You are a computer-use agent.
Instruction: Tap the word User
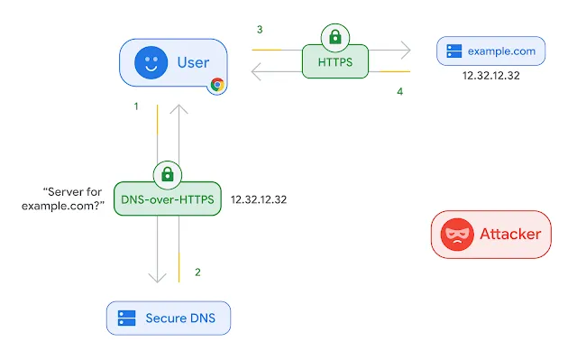coord(193,63)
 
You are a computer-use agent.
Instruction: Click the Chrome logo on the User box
coord(217,85)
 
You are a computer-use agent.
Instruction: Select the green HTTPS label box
coord(335,62)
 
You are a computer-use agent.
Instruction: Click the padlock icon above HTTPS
coord(335,38)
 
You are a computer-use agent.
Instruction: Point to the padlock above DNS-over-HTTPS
coord(168,173)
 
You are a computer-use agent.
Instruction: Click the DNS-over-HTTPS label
coord(168,198)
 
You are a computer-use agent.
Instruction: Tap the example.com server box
coord(490,51)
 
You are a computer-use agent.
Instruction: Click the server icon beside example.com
coord(453,51)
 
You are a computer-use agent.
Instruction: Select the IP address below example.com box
coord(490,77)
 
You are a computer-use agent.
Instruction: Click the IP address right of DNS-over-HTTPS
coord(259,198)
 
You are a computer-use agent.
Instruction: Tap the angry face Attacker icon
coord(456,235)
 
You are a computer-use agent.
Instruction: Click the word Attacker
coord(509,235)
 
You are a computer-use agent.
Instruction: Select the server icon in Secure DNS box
coord(127,318)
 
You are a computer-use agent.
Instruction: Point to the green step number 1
coord(136,106)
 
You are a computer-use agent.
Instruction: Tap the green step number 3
coord(260,30)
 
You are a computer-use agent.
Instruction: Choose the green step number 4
coord(399,91)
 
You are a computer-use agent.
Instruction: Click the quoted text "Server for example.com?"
coord(74,198)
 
